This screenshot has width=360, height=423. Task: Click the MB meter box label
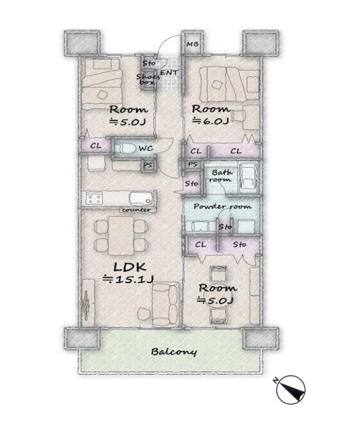[x=192, y=44]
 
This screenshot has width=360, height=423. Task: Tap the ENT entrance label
[x=169, y=73]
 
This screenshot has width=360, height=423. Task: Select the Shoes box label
[x=147, y=79]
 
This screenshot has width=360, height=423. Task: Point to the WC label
[x=146, y=148]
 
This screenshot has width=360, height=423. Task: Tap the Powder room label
[x=222, y=207]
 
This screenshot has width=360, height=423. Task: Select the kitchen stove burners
[x=94, y=199]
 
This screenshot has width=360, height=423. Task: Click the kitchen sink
[x=141, y=199]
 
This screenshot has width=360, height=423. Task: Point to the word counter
[x=136, y=210]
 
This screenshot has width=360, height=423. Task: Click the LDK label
[x=130, y=267]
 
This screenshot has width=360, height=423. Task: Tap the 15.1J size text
[x=129, y=280]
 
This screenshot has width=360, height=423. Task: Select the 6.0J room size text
[x=210, y=121]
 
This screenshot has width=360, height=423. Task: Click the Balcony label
[x=174, y=352]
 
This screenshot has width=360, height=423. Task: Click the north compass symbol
[x=290, y=389]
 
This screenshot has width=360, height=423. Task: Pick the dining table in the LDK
[x=121, y=236]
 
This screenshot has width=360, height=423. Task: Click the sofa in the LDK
[x=165, y=304]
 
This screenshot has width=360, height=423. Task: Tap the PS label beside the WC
[x=147, y=166]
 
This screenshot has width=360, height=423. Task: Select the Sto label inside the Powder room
[x=225, y=227]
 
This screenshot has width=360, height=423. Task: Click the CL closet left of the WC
[x=96, y=146]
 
